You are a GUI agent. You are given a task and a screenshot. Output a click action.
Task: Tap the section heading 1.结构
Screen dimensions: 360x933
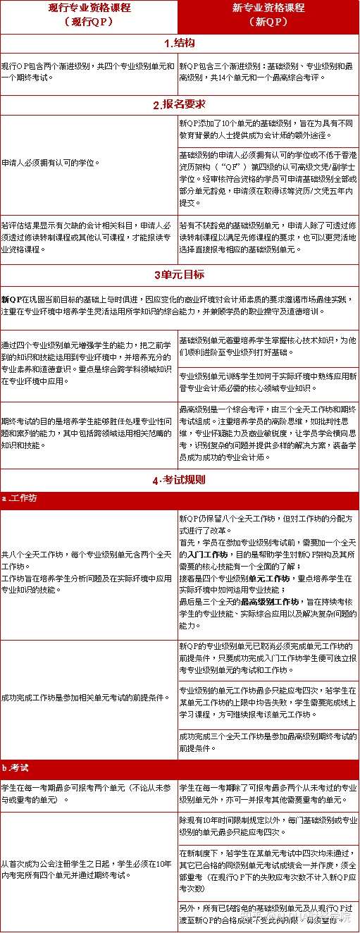179,43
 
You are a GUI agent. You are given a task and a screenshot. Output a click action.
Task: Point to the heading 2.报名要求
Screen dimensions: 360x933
179,104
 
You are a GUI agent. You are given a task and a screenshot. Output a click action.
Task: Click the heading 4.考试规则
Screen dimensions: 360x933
179,481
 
